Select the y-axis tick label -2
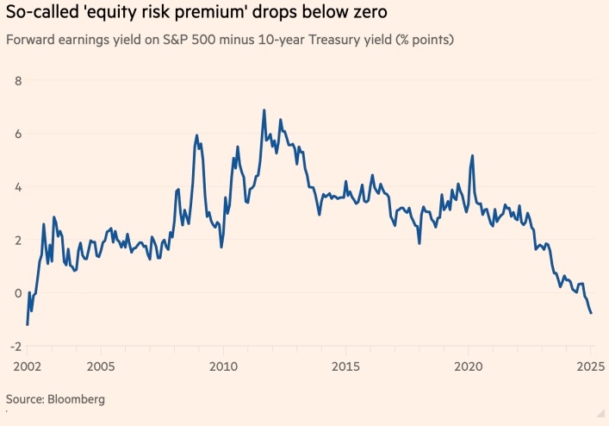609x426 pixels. tap(15, 346)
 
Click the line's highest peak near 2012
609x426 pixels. tap(264, 110)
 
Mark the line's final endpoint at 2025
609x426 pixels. tap(591, 313)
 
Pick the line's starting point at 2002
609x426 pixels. tap(28, 324)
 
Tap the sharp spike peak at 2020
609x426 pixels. tap(472, 155)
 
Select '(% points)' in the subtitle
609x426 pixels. tap(421, 41)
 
